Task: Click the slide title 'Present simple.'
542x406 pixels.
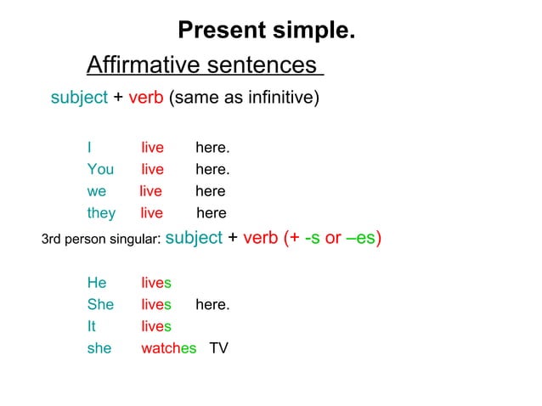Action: pos(266,31)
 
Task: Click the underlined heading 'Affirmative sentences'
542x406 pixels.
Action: pos(204,65)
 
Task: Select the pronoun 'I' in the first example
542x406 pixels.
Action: pos(89,149)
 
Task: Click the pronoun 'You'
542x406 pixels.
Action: pos(100,170)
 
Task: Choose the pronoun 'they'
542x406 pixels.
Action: pos(101,212)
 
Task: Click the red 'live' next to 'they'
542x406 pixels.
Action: pos(152,212)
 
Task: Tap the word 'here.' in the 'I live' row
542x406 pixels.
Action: pos(212,149)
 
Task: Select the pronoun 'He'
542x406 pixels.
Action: pos(97,283)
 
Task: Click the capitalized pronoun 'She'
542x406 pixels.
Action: pos(100,304)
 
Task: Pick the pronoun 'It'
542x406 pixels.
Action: pos(92,326)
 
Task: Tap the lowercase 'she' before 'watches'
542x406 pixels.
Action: pos(99,347)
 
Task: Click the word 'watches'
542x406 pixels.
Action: pos(168,347)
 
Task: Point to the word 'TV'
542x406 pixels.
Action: pos(219,347)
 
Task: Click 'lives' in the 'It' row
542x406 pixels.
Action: pos(156,326)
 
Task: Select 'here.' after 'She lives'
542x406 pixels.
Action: pos(212,304)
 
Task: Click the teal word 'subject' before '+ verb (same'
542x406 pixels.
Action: pos(79,99)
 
